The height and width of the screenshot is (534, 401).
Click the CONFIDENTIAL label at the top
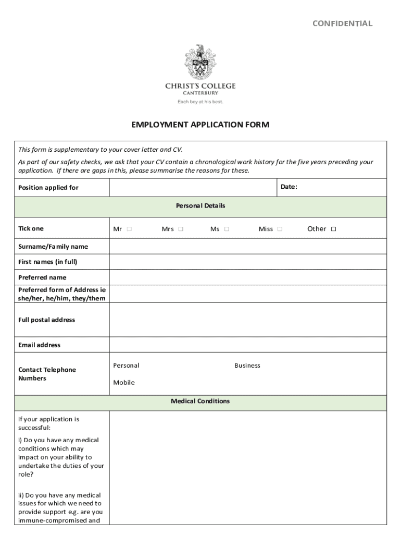click(x=342, y=23)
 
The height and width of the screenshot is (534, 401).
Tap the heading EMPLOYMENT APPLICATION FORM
click(x=200, y=125)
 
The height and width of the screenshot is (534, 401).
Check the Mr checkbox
click(x=129, y=229)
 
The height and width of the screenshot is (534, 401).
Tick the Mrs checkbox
click(x=181, y=229)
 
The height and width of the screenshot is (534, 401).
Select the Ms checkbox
click(x=227, y=229)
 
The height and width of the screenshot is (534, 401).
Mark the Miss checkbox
click(x=280, y=229)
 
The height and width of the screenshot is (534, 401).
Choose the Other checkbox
click(x=334, y=229)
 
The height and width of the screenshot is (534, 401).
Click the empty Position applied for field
click(x=192, y=187)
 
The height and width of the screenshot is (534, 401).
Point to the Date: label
click(x=289, y=187)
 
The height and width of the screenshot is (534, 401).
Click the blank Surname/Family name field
click(x=247, y=246)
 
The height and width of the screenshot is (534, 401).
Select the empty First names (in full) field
click(x=247, y=262)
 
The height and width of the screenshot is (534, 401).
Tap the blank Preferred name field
click(x=247, y=277)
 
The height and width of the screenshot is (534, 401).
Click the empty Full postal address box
click(x=247, y=320)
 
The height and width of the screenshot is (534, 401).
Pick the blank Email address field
click(x=247, y=345)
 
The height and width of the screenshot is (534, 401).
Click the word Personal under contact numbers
click(x=126, y=366)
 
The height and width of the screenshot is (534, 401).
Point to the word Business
click(x=247, y=366)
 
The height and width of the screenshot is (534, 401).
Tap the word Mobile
click(x=124, y=383)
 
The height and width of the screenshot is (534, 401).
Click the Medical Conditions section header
click(x=200, y=402)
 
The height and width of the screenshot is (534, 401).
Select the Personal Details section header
click(x=200, y=206)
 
